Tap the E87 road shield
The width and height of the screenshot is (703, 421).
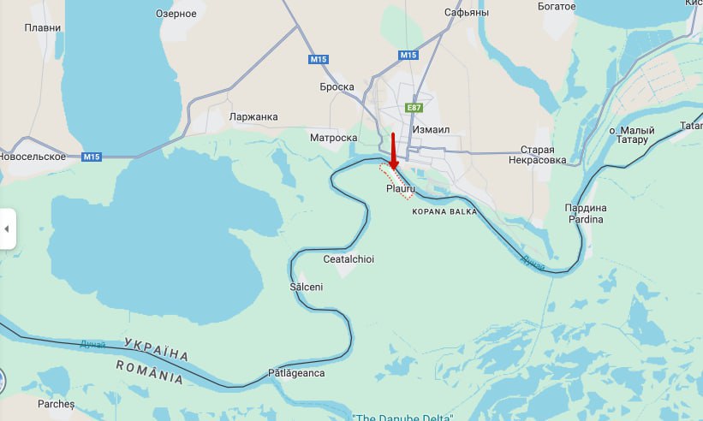pyautogui.click(x=414, y=107)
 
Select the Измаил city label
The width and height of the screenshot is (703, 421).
pyautogui.click(x=430, y=129)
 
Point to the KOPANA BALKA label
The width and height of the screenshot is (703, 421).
pyautogui.click(x=444, y=210)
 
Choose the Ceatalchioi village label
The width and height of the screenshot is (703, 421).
pyautogui.click(x=349, y=259)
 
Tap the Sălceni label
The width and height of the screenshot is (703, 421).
pyautogui.click(x=307, y=287)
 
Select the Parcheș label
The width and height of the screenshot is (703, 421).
pyautogui.click(x=57, y=403)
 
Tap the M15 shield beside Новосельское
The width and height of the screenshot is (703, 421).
pyautogui.click(x=92, y=157)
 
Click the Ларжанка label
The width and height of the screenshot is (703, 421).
pyautogui.click(x=253, y=117)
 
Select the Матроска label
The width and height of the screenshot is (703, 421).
pyautogui.click(x=333, y=137)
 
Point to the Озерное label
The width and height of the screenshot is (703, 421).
pyautogui.click(x=176, y=14)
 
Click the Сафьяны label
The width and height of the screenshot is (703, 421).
pyautogui.click(x=467, y=13)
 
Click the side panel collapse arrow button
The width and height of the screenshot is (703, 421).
pyautogui.click(x=7, y=229)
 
